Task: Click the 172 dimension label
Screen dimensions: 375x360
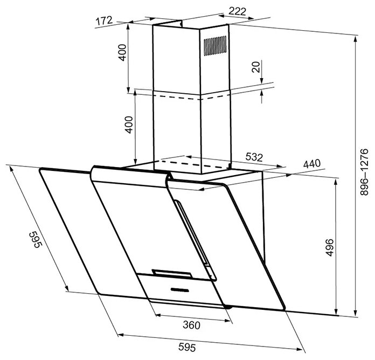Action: point(105,21)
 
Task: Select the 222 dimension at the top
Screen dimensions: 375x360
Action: point(237,11)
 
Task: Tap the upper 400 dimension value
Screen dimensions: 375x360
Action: point(122,53)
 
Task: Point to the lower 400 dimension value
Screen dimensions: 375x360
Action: point(129,124)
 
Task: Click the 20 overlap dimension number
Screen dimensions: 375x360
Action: point(256,67)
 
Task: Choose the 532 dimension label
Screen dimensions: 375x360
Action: point(254,157)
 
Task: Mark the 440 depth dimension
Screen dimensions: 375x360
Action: point(311,164)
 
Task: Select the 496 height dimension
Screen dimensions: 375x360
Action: point(330,247)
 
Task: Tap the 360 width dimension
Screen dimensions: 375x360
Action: point(191,325)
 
